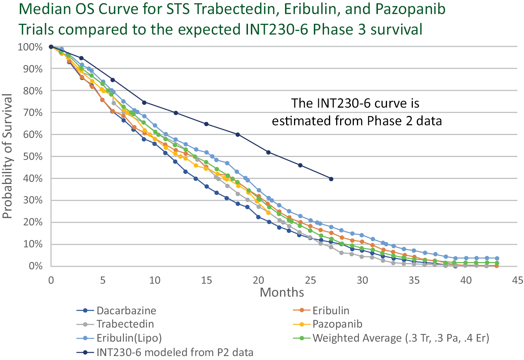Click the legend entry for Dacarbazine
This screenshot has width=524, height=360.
126,311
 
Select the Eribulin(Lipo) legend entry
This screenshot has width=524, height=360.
129,338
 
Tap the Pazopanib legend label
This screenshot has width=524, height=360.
337,324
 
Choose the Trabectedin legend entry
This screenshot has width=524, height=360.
125,324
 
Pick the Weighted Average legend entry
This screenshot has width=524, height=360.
401,338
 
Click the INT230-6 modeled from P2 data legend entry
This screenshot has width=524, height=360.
175,352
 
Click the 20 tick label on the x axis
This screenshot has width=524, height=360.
259,280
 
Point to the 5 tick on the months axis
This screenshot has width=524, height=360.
103,280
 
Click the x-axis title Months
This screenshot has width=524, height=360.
282,292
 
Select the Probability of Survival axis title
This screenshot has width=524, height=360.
8,156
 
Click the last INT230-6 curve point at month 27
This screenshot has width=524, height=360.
331,179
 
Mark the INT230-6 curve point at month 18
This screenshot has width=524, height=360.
238,135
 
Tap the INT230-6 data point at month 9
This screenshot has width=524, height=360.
144,103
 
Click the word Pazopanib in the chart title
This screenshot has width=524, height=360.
410,9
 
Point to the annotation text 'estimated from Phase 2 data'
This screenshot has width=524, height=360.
357,121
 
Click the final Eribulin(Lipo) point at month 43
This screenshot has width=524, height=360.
497,258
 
